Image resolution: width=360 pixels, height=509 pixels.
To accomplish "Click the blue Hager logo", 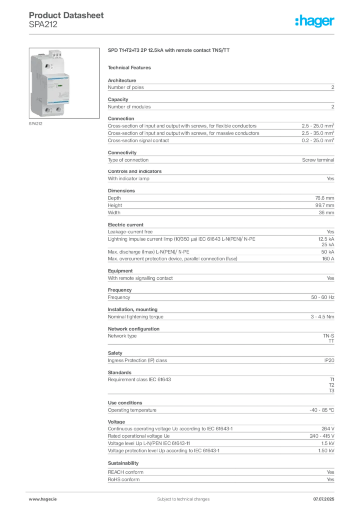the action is [x=315, y=21].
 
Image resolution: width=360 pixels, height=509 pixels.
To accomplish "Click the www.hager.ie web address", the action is [x=41, y=499].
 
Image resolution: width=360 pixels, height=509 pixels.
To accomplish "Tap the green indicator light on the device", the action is [x=60, y=85].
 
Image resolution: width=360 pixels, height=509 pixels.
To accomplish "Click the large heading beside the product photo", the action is [x=169, y=51].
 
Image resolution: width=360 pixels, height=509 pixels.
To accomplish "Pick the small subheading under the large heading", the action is [x=131, y=67].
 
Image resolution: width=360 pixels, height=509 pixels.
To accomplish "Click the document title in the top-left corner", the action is [x=67, y=15].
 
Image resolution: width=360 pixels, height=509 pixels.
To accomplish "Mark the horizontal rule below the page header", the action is [x=182, y=34].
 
